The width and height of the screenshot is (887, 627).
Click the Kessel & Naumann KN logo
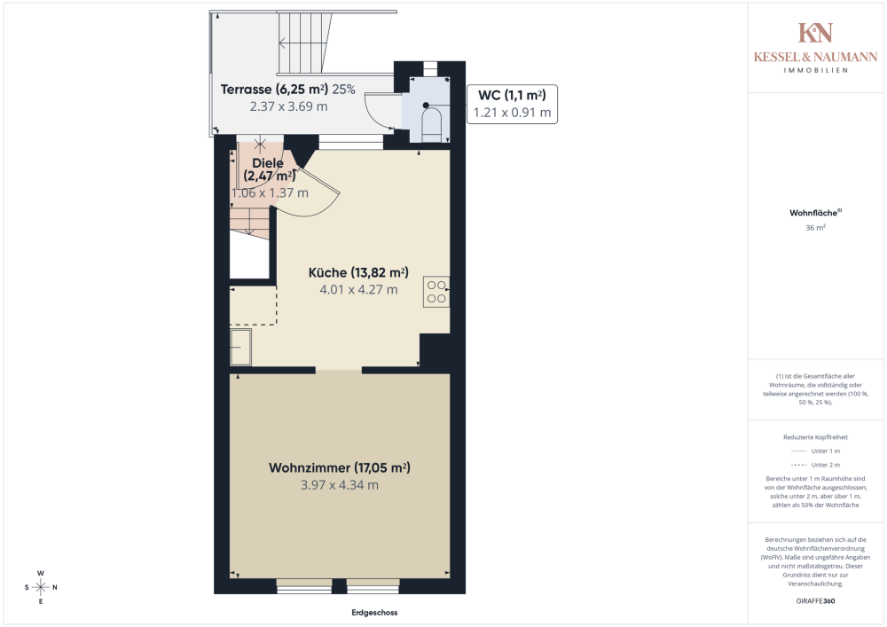(815, 34)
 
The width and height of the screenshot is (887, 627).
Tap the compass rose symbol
(41, 587)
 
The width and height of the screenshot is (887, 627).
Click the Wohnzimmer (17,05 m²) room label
(339, 467)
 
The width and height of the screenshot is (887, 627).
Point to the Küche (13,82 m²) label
(357, 272)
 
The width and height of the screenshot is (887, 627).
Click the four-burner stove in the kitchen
(436, 291)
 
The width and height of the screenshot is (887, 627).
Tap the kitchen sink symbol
(241, 348)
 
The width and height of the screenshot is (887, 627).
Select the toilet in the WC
(432, 124)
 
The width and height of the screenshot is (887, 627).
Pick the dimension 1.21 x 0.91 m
(511, 113)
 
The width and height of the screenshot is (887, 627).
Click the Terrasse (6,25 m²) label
(274, 89)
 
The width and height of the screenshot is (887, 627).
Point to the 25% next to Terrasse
(344, 89)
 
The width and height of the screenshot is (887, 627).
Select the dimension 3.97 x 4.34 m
(339, 485)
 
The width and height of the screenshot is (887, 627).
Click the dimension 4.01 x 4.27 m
(358, 289)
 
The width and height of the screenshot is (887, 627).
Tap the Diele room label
(267, 163)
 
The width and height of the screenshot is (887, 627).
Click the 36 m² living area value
(815, 227)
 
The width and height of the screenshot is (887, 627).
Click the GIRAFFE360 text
(815, 601)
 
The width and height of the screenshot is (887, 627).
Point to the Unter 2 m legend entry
(814, 466)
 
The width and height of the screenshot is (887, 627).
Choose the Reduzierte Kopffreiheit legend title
(815, 437)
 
